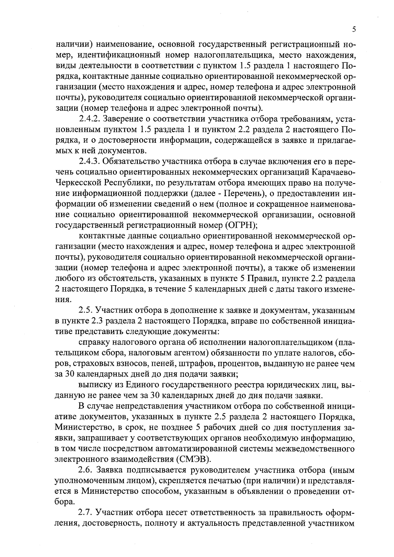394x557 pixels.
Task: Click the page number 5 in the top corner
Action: [x=354, y=29]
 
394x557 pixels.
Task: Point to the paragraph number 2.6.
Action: [x=87, y=470]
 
